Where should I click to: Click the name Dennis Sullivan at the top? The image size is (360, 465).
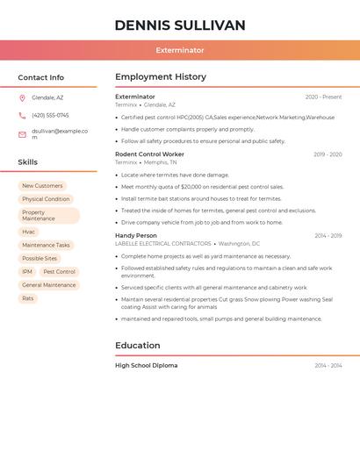[180, 25]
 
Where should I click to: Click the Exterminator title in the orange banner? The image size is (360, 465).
[180, 50]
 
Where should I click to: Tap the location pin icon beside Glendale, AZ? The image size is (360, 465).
[22, 97]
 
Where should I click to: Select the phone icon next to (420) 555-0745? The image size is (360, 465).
[22, 115]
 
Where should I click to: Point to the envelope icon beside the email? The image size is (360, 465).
[22, 134]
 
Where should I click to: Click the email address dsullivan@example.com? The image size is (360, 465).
[60, 134]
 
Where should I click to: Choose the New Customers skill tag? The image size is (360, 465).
[42, 186]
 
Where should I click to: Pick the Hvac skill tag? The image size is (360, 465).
[29, 232]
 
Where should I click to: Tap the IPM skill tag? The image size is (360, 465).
[27, 272]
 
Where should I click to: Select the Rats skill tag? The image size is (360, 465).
[28, 298]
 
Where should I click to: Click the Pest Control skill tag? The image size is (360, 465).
[60, 272]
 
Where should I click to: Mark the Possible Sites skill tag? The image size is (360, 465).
[40, 259]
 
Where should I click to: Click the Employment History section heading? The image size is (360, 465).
[161, 77]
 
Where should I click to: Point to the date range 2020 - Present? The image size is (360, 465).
[323, 97]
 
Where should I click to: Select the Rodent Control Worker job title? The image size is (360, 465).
[149, 154]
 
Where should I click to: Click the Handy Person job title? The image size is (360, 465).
[136, 235]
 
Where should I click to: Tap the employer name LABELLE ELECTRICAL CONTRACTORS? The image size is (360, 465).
[163, 244]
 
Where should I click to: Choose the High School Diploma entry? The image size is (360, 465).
[146, 365]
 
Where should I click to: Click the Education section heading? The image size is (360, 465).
[138, 346]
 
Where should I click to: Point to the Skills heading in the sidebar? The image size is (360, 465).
[28, 162]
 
